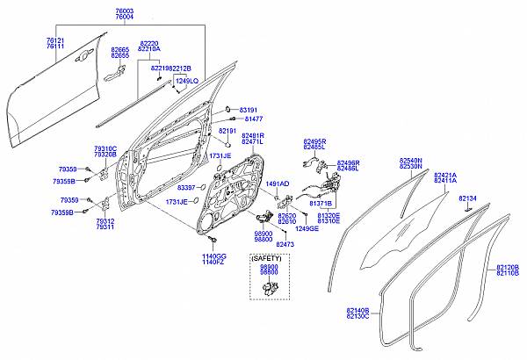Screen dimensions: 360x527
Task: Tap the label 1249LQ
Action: pyautogui.click(x=185, y=81)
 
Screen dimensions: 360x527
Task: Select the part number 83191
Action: pyautogui.click(x=253, y=108)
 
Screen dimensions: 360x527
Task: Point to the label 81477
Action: pyautogui.click(x=253, y=118)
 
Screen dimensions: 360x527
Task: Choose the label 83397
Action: pyautogui.click(x=186, y=188)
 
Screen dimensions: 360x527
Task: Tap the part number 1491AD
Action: pyautogui.click(x=278, y=184)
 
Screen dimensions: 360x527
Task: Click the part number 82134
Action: pyautogui.click(x=467, y=198)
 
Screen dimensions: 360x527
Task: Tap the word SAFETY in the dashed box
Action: pyautogui.click(x=268, y=258)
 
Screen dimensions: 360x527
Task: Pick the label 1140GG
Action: pyautogui.click(x=215, y=256)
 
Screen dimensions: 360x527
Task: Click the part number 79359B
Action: pyautogui.click(x=62, y=213)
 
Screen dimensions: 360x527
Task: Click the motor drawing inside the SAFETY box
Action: pyautogui.click(x=269, y=288)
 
